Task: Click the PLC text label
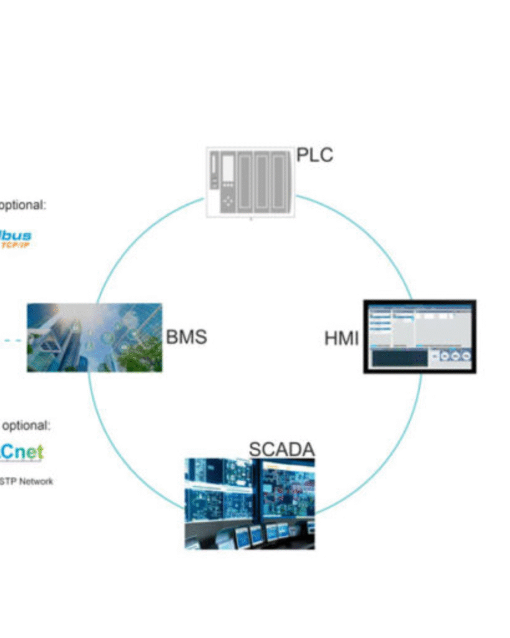point(314,154)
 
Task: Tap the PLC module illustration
point(250,182)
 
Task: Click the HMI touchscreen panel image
point(420,336)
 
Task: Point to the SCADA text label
point(281,449)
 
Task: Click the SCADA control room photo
point(250,503)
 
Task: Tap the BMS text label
point(186,337)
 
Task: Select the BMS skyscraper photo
point(94,338)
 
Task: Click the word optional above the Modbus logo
point(23,205)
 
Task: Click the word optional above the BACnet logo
point(26,426)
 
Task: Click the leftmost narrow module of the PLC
point(215,171)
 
